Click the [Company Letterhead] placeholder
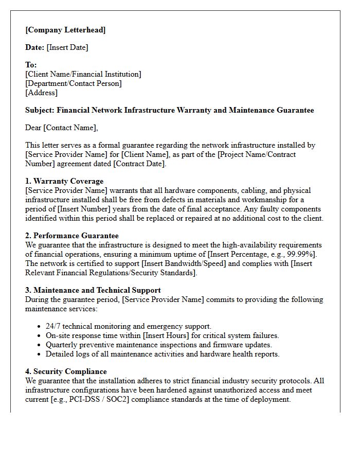(x=65, y=30)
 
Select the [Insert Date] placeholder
(x=67, y=47)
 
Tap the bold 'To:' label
(x=31, y=65)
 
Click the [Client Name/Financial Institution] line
(x=83, y=74)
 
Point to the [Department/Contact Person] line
(x=74, y=83)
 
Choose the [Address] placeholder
(x=41, y=93)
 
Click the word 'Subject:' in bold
(x=40, y=110)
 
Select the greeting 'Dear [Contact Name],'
(x=61, y=128)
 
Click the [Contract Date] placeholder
(x=139, y=164)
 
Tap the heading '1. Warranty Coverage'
(x=64, y=181)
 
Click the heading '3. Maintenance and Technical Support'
(x=93, y=290)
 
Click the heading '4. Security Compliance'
(x=66, y=371)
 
